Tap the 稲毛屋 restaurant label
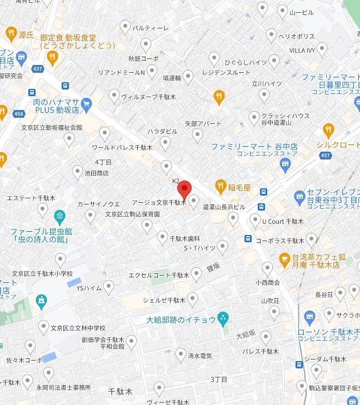pyautogui.click(x=239, y=187)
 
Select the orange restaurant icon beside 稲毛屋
pyautogui.click(x=221, y=186)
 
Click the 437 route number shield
pyautogui.click(x=38, y=68)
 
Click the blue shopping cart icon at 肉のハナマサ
pyautogui.click(x=86, y=104)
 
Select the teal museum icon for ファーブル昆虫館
pyautogui.click(x=59, y=216)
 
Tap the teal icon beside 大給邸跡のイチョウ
pyautogui.click(x=223, y=319)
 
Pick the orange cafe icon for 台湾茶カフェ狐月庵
pyautogui.click(x=284, y=258)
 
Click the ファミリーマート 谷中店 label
pyautogui.click(x=254, y=147)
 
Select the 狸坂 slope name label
pyautogui.click(x=213, y=267)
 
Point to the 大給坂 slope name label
pyautogui.click(x=245, y=334)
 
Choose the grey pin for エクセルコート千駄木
pyautogui.click(x=197, y=273)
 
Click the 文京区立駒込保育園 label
pyautogui.click(x=133, y=214)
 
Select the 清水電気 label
pyautogui.click(x=199, y=356)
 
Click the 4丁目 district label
pyautogui.click(x=103, y=162)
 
